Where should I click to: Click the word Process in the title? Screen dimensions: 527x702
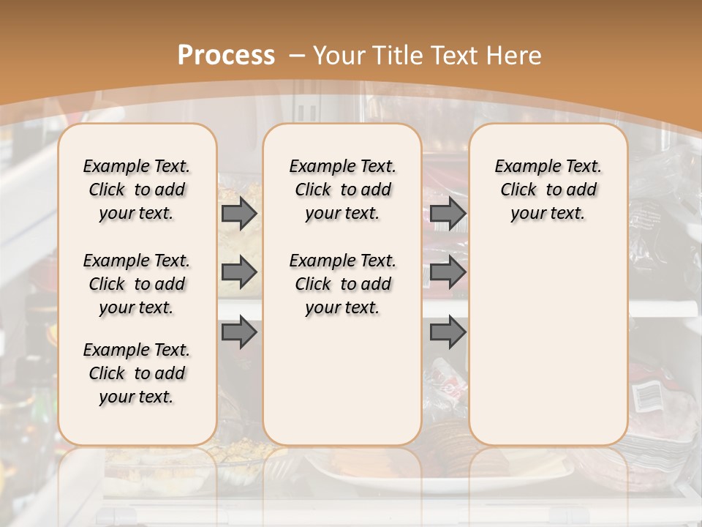226,56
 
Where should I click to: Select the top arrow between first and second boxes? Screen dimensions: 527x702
238,214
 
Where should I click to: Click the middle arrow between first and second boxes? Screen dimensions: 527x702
238,273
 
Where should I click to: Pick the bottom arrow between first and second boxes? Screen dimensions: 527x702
238,333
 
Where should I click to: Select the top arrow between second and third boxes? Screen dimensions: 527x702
448,214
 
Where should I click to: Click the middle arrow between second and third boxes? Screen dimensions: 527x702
448,273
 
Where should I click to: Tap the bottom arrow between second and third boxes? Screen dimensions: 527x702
448,333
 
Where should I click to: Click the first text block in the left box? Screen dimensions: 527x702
137,190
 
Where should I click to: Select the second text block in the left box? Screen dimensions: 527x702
137,284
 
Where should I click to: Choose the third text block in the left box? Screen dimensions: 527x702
137,373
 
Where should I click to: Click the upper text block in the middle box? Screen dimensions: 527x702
342,190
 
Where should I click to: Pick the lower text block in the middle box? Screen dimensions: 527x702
342,284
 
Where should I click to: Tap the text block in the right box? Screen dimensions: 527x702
548,190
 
